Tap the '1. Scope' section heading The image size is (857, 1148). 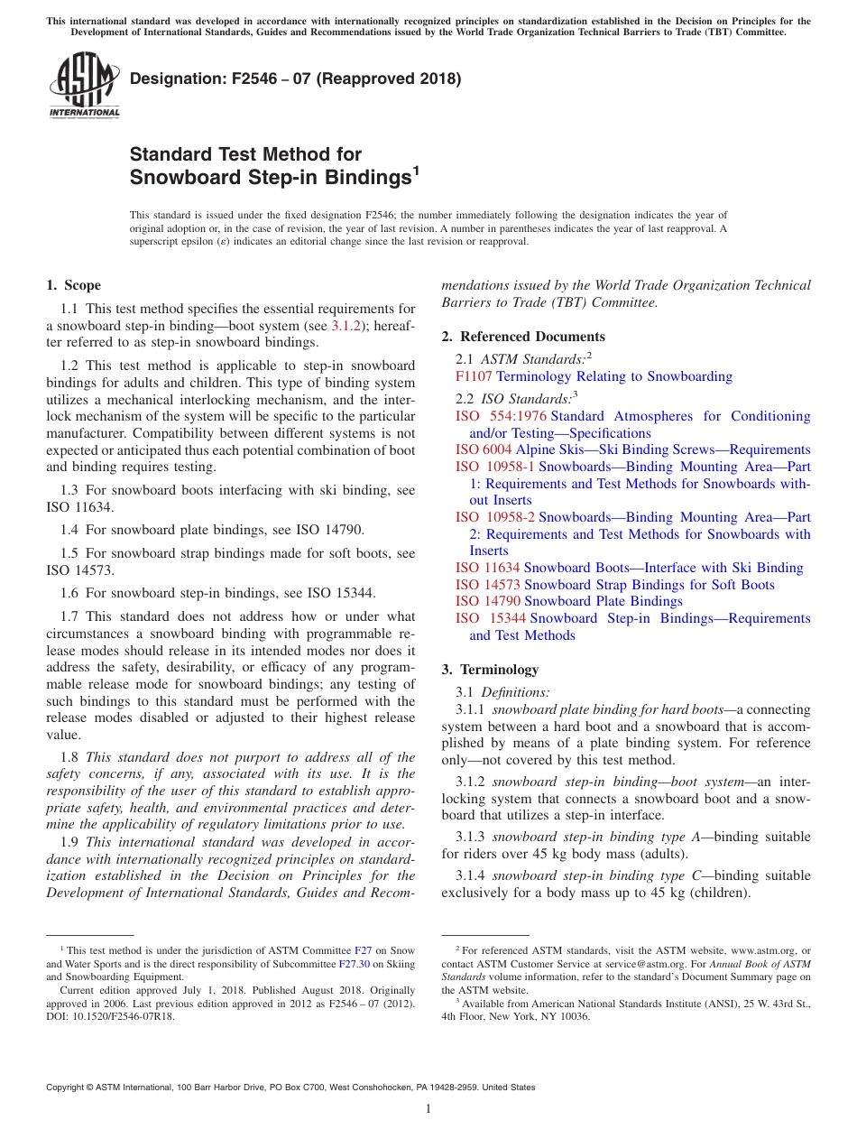(73, 286)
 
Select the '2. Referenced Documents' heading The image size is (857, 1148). (523, 337)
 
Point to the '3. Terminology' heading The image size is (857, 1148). (490, 670)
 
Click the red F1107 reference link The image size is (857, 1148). (474, 376)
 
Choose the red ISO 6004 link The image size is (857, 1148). (484, 449)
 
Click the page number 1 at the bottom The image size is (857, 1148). (428, 1109)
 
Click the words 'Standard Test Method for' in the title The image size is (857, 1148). (245, 154)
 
